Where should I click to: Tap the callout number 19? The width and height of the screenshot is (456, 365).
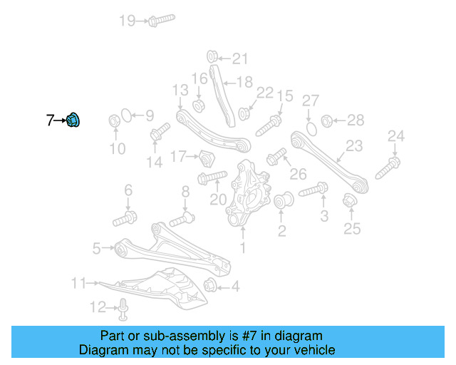[x=128, y=21]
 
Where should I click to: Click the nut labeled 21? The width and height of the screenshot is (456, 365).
[x=212, y=56]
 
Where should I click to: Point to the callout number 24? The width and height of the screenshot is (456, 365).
[x=395, y=135]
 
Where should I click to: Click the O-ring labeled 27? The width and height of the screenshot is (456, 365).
[x=311, y=128]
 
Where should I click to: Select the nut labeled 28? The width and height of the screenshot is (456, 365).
[x=328, y=120]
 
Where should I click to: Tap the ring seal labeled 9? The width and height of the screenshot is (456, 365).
[x=123, y=114]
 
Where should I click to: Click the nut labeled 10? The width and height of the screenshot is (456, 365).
[x=114, y=121]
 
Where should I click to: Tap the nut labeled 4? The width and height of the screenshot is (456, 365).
[x=211, y=287]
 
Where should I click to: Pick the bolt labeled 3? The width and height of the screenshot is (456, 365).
[x=313, y=190]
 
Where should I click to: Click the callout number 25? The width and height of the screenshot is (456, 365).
[x=352, y=229]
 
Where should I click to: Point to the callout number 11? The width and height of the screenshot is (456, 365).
[x=78, y=283]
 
